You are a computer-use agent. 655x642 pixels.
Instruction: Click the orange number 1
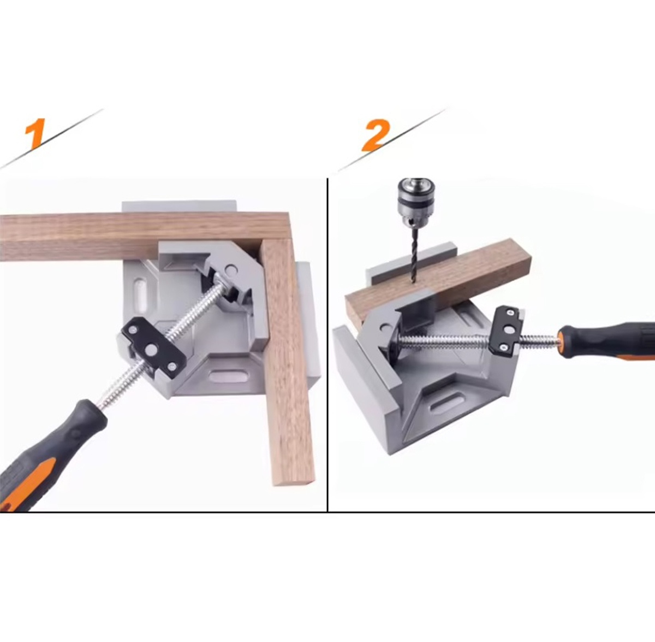[x=35, y=133]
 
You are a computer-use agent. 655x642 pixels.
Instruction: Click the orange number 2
[x=376, y=135]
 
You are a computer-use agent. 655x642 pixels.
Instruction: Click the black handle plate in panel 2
[x=507, y=329]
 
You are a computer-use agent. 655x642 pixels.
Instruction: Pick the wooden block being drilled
[x=438, y=285]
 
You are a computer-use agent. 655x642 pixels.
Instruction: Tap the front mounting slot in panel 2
[x=448, y=402]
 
